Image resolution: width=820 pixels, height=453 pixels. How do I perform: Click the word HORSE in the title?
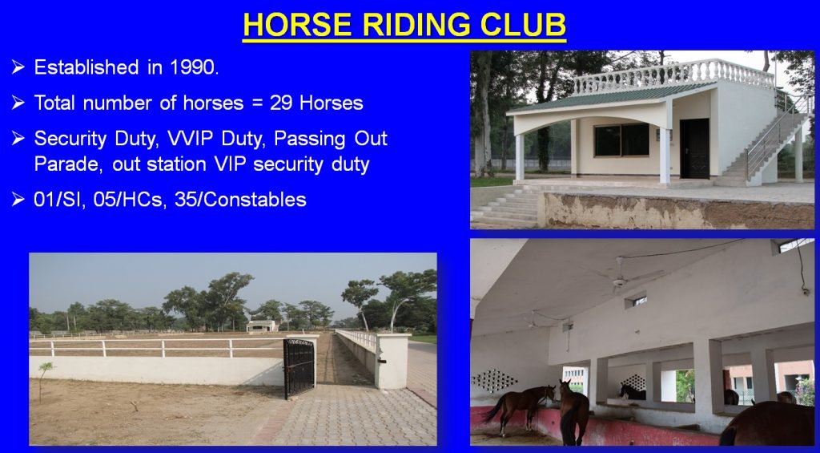point(296,25)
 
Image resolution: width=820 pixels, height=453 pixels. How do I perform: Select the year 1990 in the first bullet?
point(194,67)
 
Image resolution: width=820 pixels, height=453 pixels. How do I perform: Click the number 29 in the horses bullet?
point(281,103)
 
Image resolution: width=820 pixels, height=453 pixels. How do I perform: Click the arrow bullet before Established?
point(18,67)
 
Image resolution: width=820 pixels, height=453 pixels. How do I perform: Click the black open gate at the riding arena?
point(299,368)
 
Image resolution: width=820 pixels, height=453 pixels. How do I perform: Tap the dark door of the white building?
point(694,148)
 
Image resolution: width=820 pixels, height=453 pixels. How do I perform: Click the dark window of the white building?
point(621,140)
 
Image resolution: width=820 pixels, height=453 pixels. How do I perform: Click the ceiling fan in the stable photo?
point(621,277)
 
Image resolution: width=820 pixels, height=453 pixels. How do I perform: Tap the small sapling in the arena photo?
point(45,380)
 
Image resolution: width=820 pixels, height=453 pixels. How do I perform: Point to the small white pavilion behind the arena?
point(262,326)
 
